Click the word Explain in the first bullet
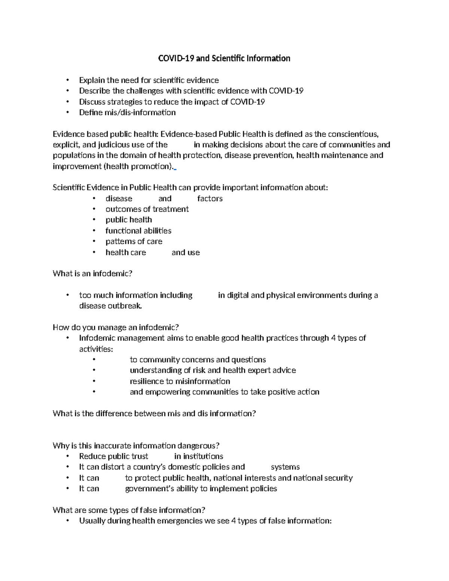pyautogui.click(x=92, y=80)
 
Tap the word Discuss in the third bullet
pyautogui.click(x=92, y=102)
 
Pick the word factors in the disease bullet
pyautogui.click(x=210, y=199)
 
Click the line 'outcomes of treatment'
pyautogui.click(x=147, y=209)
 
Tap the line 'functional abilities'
pyautogui.click(x=138, y=231)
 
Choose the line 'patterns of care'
pyautogui.click(x=134, y=242)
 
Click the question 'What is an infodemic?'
pyautogui.click(x=92, y=274)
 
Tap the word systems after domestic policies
pyautogui.click(x=285, y=467)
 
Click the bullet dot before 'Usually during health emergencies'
pyautogui.click(x=67, y=521)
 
